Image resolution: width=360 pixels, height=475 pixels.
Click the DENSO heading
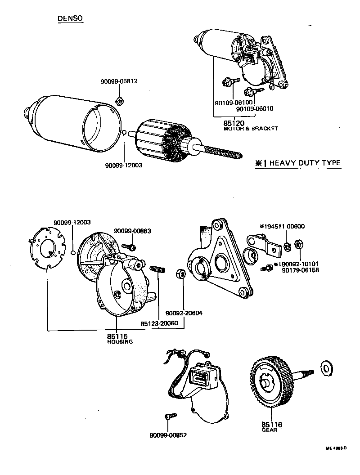(70, 18)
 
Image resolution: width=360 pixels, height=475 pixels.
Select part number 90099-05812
(119, 81)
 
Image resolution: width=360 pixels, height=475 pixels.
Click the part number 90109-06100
(233, 103)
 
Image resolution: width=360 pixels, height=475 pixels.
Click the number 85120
(234, 122)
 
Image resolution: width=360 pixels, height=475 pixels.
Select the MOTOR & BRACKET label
(251, 129)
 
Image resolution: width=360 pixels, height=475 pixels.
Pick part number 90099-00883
(132, 231)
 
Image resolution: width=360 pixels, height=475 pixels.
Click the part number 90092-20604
(184, 313)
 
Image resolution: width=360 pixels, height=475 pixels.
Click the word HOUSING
(120, 342)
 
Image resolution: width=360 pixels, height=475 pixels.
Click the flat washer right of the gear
(325, 367)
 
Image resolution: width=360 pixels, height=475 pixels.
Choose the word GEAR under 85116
(270, 430)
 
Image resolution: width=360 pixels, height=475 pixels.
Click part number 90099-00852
(168, 435)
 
